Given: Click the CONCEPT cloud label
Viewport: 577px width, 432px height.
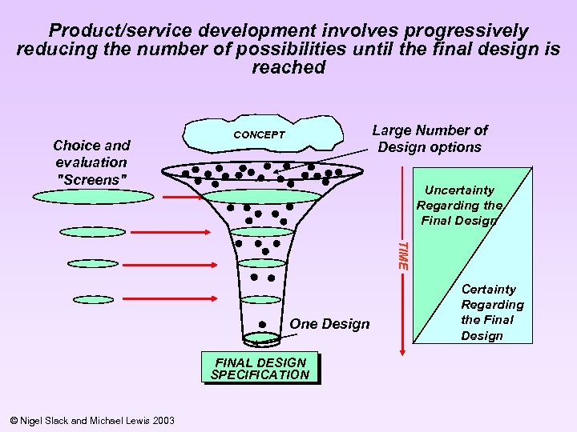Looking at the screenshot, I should [258, 135].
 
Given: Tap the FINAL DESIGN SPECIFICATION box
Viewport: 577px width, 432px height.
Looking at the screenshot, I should [260, 369].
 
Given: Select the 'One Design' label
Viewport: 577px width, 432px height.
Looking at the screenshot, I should [329, 324].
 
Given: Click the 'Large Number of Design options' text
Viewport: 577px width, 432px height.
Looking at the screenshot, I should [430, 138].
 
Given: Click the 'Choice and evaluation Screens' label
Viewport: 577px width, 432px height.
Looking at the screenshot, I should [91, 162].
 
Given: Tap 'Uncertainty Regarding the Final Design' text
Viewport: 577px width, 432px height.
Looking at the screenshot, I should [459, 206].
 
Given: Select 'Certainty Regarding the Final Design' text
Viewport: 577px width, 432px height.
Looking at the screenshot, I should [492, 312].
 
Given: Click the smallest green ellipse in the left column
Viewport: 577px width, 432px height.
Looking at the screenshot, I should [93, 299].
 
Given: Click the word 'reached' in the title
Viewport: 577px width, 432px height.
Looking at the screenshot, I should [288, 67].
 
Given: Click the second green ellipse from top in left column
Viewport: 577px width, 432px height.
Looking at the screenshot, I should [93, 232].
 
